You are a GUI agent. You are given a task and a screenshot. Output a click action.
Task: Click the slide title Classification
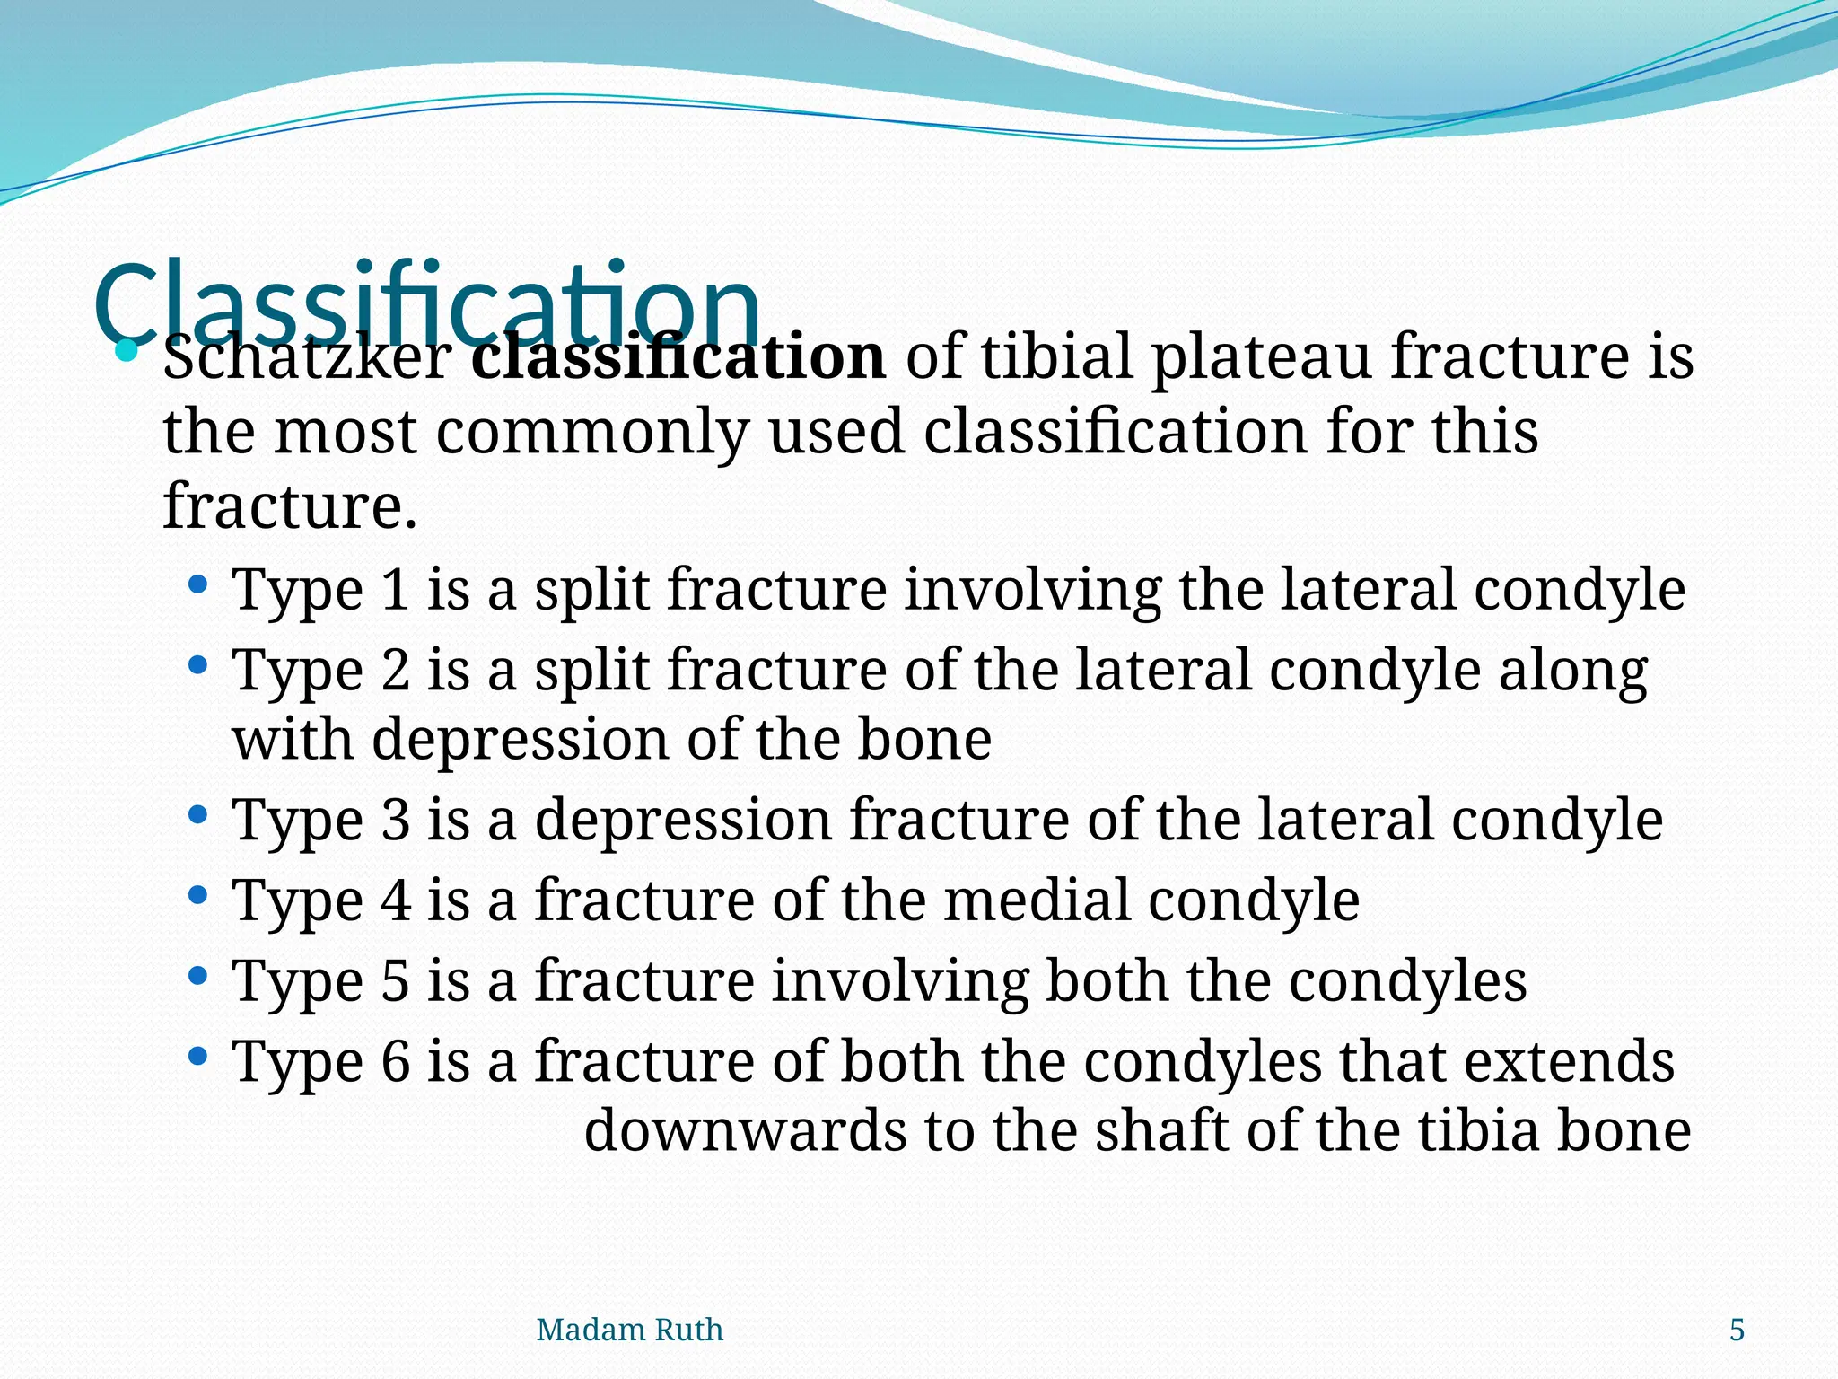click(x=426, y=301)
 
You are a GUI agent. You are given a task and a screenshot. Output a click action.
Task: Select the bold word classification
click(x=678, y=357)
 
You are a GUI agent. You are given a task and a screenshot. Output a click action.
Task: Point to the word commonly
click(x=592, y=433)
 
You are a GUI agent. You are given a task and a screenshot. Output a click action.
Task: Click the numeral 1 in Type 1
click(x=395, y=590)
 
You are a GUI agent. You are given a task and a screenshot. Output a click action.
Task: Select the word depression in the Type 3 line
click(x=683, y=820)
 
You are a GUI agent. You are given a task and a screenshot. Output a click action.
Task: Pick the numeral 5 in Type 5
click(x=396, y=980)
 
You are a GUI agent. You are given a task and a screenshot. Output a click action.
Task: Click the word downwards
click(x=745, y=1130)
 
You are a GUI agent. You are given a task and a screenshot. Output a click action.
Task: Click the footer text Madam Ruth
click(x=629, y=1330)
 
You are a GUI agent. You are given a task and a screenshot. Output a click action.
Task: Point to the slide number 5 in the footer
click(x=1737, y=1330)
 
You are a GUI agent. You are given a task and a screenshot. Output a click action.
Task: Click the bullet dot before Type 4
click(x=198, y=896)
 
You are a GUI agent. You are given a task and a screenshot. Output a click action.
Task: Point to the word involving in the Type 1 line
click(x=1032, y=590)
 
